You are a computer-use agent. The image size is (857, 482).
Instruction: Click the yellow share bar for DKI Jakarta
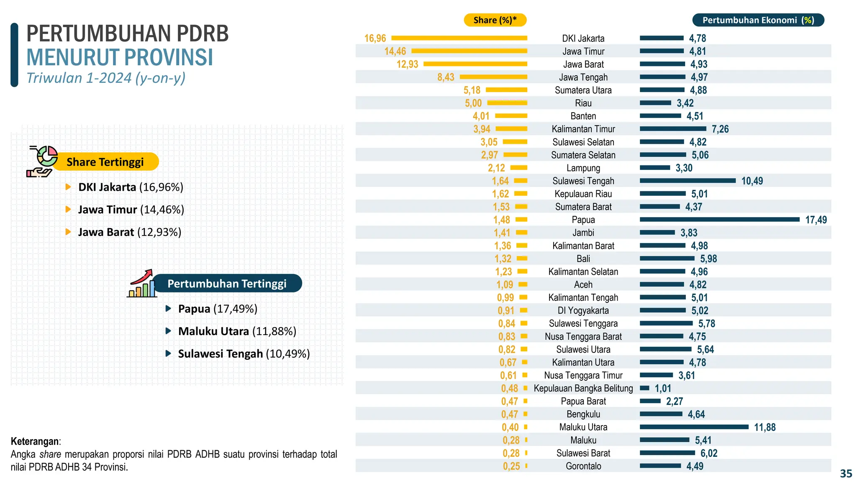[x=459, y=38]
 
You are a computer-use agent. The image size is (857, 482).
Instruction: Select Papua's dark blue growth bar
[x=719, y=219]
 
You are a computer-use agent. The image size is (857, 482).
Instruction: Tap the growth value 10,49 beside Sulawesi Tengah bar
[x=752, y=181]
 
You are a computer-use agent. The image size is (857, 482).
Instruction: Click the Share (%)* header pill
[x=495, y=20]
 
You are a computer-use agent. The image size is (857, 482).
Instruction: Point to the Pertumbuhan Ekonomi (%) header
[x=758, y=20]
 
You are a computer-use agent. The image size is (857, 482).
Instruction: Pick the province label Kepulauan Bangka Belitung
[x=583, y=388]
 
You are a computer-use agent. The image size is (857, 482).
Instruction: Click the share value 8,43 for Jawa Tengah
[x=446, y=77]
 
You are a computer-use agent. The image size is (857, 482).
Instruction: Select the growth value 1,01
[x=663, y=389]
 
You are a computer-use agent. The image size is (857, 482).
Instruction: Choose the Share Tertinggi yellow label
[x=105, y=162]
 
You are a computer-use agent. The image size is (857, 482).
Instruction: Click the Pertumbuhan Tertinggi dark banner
[x=227, y=284]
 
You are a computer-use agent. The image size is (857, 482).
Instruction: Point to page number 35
[x=846, y=474]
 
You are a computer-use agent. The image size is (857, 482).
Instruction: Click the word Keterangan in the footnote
[x=35, y=441]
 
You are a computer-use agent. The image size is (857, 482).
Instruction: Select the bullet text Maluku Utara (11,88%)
[x=237, y=331]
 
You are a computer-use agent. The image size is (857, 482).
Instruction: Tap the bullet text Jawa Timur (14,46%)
[x=131, y=210]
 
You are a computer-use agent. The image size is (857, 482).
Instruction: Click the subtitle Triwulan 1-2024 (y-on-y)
[x=106, y=78]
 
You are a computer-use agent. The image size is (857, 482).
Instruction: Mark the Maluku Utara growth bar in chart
[x=694, y=427]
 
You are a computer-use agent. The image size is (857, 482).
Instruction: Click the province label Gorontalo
[x=583, y=466]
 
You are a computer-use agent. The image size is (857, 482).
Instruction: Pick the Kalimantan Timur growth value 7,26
[x=720, y=129]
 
